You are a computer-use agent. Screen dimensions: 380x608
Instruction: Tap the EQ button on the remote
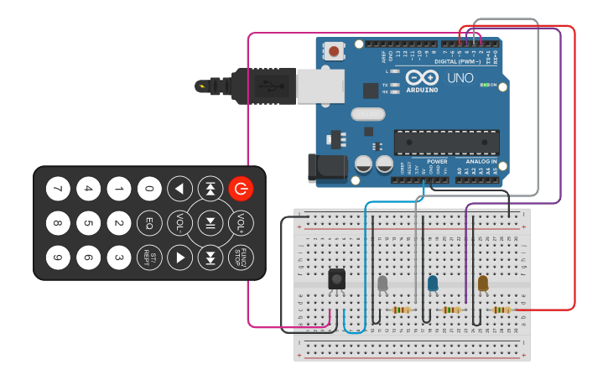[149, 223]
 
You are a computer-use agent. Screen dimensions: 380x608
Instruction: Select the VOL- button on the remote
[179, 223]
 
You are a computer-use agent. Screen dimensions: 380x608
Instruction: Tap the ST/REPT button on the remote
[149, 257]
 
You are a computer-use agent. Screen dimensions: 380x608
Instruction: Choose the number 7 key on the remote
[58, 189]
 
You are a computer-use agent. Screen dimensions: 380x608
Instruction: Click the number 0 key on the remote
[149, 189]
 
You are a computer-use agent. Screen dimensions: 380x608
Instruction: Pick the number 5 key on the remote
[88, 223]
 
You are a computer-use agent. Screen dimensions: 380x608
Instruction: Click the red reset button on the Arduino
[335, 52]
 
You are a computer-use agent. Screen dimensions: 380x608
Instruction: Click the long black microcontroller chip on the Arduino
[446, 142]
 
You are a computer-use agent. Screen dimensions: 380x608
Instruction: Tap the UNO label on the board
[460, 78]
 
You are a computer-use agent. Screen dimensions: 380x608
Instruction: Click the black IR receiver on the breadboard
[336, 279]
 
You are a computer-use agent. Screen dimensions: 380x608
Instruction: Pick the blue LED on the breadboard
[433, 284]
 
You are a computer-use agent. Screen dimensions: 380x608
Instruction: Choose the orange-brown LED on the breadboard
[483, 284]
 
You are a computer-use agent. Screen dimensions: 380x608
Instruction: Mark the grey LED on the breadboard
[382, 284]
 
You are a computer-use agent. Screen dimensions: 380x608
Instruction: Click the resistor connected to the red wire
[501, 310]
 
